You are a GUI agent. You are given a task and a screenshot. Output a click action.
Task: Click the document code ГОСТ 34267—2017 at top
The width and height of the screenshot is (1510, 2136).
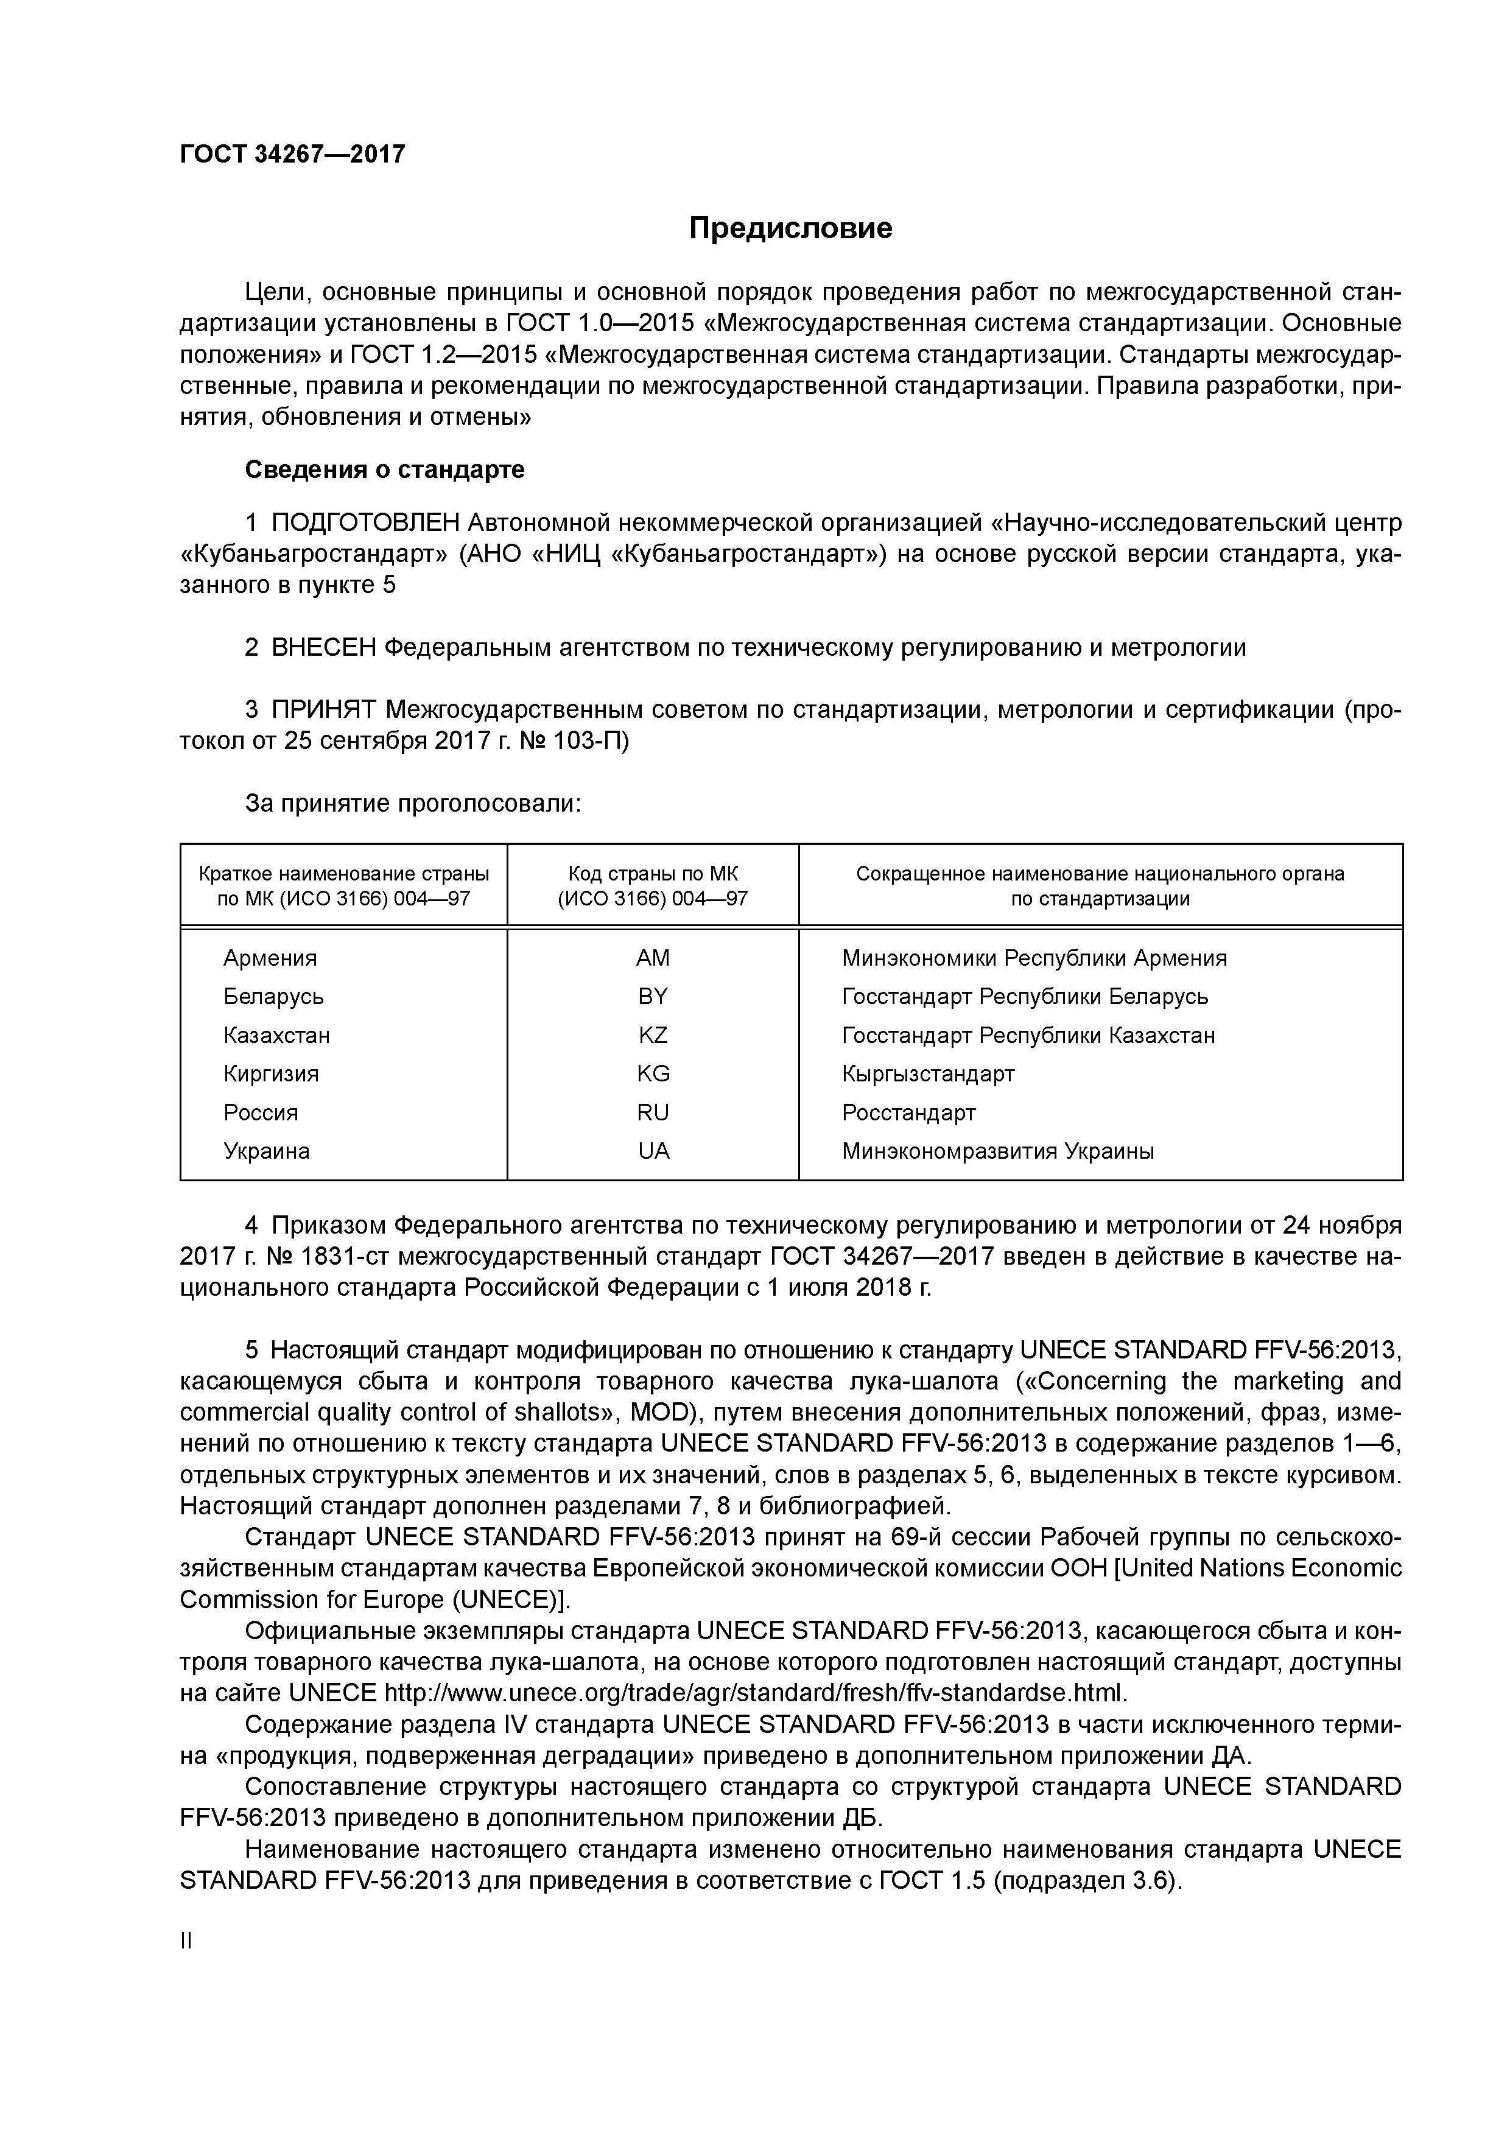click(292, 155)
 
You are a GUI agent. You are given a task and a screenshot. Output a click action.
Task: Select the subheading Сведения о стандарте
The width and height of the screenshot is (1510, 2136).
click(384, 470)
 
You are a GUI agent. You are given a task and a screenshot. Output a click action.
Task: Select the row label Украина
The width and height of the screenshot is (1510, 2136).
click(266, 1152)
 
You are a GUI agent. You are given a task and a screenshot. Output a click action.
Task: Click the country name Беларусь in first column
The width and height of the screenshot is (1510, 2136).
click(273, 997)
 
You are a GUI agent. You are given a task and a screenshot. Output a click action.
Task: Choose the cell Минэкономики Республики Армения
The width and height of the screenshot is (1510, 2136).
click(1034, 958)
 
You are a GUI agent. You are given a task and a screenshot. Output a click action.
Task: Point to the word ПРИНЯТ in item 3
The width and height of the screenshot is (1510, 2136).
click(324, 710)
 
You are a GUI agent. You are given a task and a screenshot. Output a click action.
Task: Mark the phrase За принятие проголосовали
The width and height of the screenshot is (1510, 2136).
click(413, 804)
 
